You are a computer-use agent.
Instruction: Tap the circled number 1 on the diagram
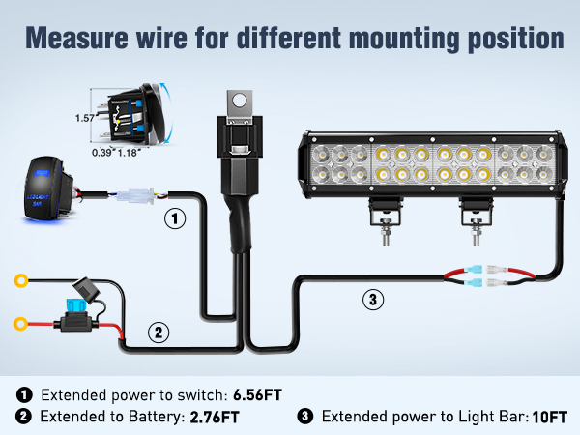click(174, 219)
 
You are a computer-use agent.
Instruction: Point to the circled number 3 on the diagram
click(373, 301)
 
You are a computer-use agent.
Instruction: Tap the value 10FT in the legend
click(550, 418)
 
